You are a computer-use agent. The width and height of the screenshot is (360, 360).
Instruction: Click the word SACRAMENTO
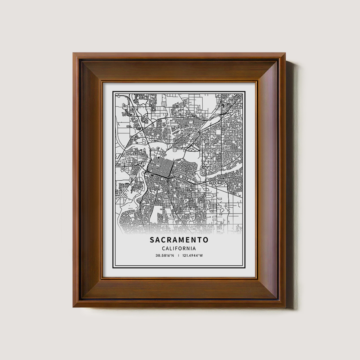point(179,240)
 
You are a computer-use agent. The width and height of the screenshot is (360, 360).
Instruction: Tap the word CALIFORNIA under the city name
point(179,248)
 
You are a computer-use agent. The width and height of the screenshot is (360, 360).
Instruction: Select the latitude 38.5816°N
point(165,256)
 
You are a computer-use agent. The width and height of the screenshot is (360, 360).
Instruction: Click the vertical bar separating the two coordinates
point(179,256)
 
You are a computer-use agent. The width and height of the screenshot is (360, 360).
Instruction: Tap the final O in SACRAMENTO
point(206,240)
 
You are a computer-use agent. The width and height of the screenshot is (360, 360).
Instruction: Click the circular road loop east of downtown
point(203,172)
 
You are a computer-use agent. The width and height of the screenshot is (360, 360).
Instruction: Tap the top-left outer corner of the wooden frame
point(73,53)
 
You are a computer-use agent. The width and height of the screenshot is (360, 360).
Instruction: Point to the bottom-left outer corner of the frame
point(73,307)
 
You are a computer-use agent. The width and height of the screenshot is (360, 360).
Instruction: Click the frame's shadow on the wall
point(290,180)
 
